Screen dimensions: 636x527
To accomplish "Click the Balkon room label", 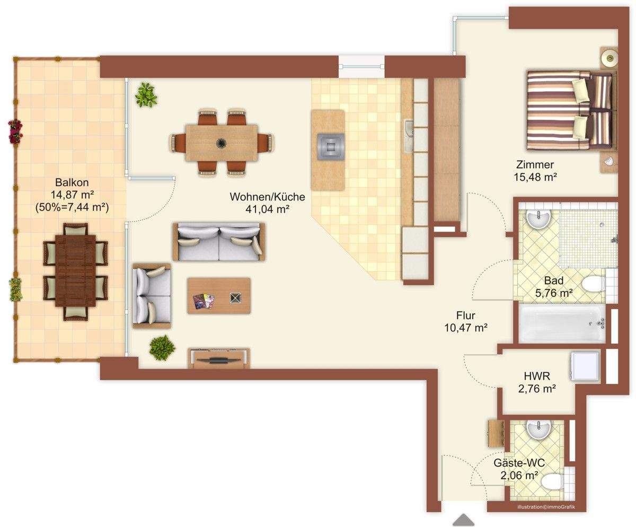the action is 72,182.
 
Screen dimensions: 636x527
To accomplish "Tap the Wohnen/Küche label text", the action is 267,197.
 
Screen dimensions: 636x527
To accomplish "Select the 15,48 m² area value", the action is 535,177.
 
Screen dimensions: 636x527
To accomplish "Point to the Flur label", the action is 466,315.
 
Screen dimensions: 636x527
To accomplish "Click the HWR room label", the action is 537,376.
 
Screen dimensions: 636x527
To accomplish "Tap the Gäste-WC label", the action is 519,463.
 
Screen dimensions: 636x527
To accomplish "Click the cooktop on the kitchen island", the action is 331,147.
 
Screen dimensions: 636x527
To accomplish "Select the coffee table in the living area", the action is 219,295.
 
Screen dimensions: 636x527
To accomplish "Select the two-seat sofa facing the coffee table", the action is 219,242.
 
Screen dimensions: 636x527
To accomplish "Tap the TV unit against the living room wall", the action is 219,359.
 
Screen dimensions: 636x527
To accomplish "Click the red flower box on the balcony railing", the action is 15,131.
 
